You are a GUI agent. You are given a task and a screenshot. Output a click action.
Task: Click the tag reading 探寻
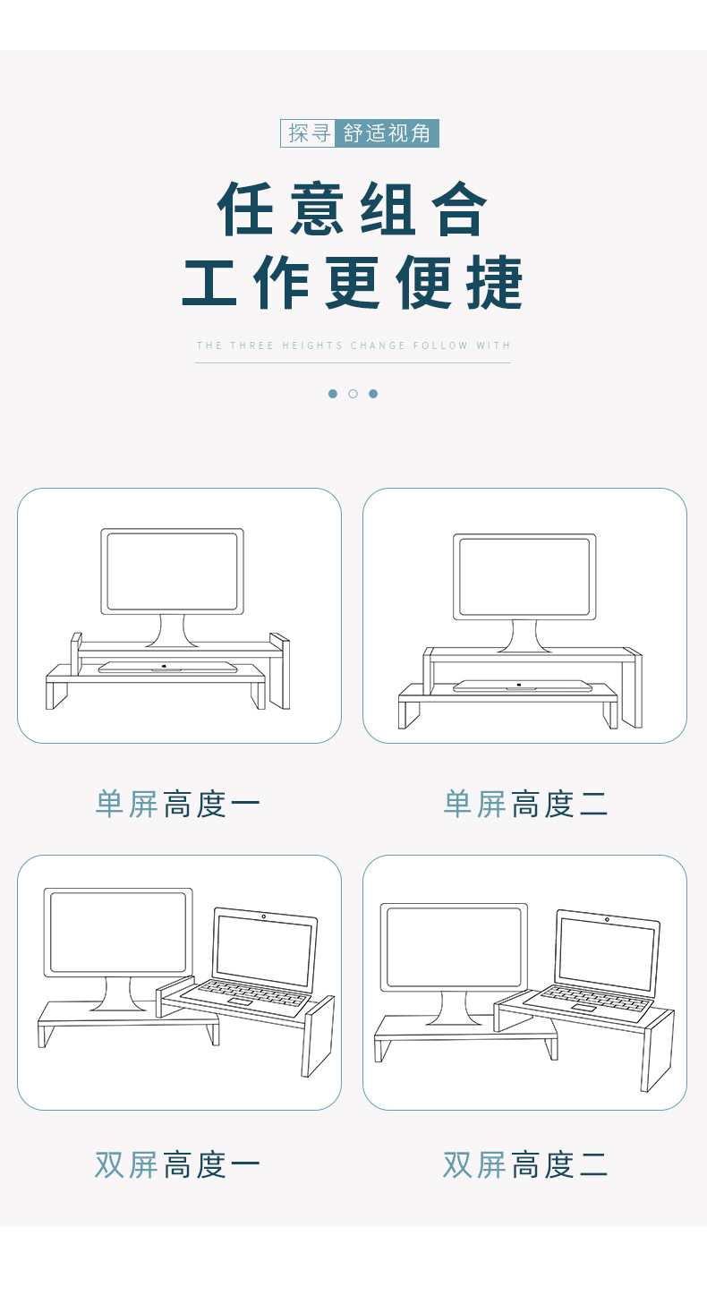(308, 133)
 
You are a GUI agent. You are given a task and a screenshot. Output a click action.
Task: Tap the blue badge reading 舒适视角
(387, 133)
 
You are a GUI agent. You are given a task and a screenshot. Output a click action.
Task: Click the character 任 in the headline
(245, 209)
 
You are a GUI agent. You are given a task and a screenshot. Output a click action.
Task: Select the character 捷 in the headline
(494, 282)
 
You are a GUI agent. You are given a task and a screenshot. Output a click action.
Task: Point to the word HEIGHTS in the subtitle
(312, 345)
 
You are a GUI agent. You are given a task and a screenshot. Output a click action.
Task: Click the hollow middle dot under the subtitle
(353, 394)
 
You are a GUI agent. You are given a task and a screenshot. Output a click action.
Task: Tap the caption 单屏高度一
(177, 805)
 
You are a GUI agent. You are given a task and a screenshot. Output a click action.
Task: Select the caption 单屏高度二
(525, 805)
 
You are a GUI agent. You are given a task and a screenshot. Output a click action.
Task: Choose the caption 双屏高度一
(177, 1165)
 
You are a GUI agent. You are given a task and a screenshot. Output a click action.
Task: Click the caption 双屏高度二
(525, 1165)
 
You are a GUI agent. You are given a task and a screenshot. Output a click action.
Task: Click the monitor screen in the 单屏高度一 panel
(172, 572)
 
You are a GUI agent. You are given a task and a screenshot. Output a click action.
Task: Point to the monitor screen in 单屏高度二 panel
(524, 577)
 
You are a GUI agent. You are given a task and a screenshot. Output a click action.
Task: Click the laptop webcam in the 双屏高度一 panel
(264, 916)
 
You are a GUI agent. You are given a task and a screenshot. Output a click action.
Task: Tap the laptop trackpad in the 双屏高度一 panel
(239, 1001)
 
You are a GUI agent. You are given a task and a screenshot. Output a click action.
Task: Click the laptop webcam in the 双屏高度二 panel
(607, 919)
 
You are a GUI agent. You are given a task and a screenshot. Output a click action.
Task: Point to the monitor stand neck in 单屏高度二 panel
(524, 635)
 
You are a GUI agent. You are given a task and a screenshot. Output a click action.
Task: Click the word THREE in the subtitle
(251, 345)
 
